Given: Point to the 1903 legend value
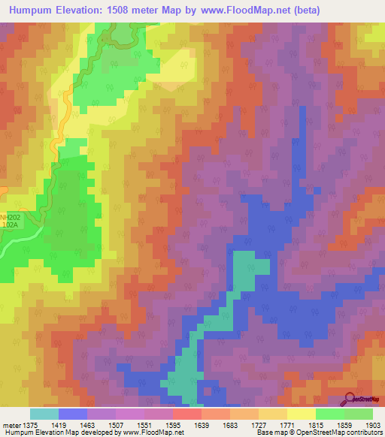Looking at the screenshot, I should point(371,426).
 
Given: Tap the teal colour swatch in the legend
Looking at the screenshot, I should point(44,414).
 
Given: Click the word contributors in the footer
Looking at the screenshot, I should point(360,432).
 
